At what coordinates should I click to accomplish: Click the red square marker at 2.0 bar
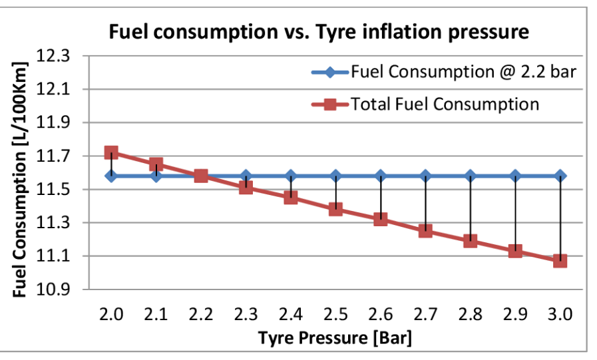click(x=111, y=153)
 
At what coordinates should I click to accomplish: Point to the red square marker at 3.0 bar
click(x=560, y=261)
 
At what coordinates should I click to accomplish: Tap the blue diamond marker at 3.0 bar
click(x=560, y=176)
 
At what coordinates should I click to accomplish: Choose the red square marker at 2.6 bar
click(x=381, y=219)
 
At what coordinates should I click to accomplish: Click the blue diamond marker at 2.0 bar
click(x=111, y=176)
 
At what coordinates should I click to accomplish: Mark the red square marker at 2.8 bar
click(x=471, y=241)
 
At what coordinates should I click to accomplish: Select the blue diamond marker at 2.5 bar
click(x=335, y=176)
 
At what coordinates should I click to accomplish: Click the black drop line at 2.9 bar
click(x=515, y=213)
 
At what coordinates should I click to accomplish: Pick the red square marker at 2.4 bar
click(x=291, y=198)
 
